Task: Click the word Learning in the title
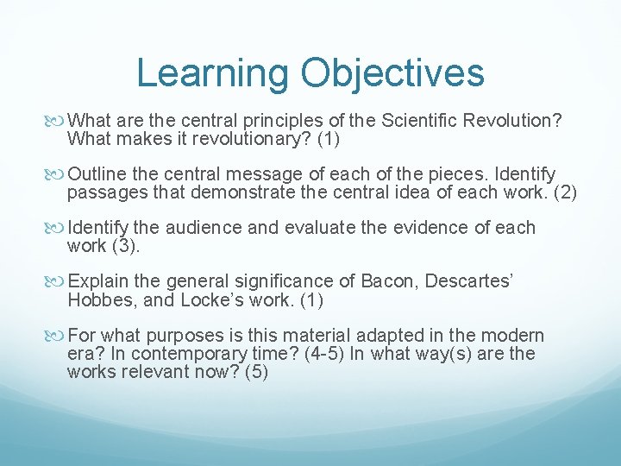click(211, 73)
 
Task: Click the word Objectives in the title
click(392, 73)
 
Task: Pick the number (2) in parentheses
click(561, 192)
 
